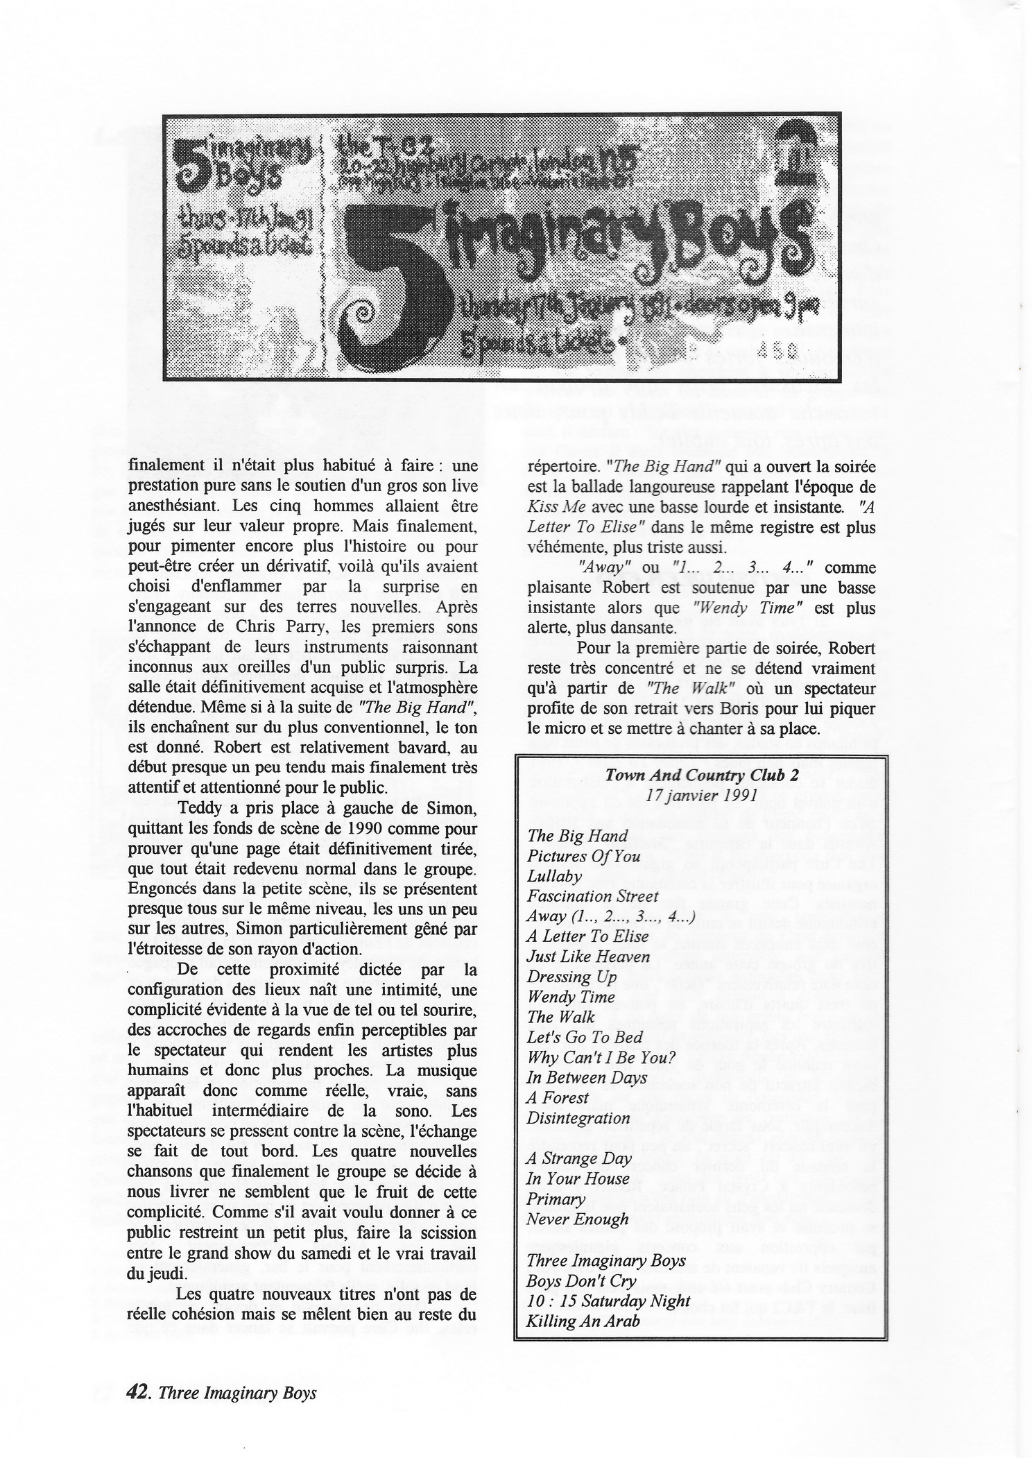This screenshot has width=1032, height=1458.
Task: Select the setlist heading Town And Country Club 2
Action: [701, 775]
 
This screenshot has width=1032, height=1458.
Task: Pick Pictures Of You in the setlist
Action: [583, 856]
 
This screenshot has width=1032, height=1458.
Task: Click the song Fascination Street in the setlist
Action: [592, 896]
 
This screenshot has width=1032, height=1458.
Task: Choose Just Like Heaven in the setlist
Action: [588, 957]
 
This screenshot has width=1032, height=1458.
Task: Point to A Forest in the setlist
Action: [558, 1097]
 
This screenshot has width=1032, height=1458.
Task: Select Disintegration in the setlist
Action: [578, 1117]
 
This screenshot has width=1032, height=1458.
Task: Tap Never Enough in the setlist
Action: [577, 1219]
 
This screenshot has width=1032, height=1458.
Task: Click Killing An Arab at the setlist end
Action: [583, 1320]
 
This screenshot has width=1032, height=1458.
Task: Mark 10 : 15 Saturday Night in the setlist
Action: [608, 1300]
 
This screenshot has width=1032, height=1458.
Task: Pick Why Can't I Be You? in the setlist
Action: [601, 1057]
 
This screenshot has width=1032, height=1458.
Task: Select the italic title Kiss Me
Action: [551, 506]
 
